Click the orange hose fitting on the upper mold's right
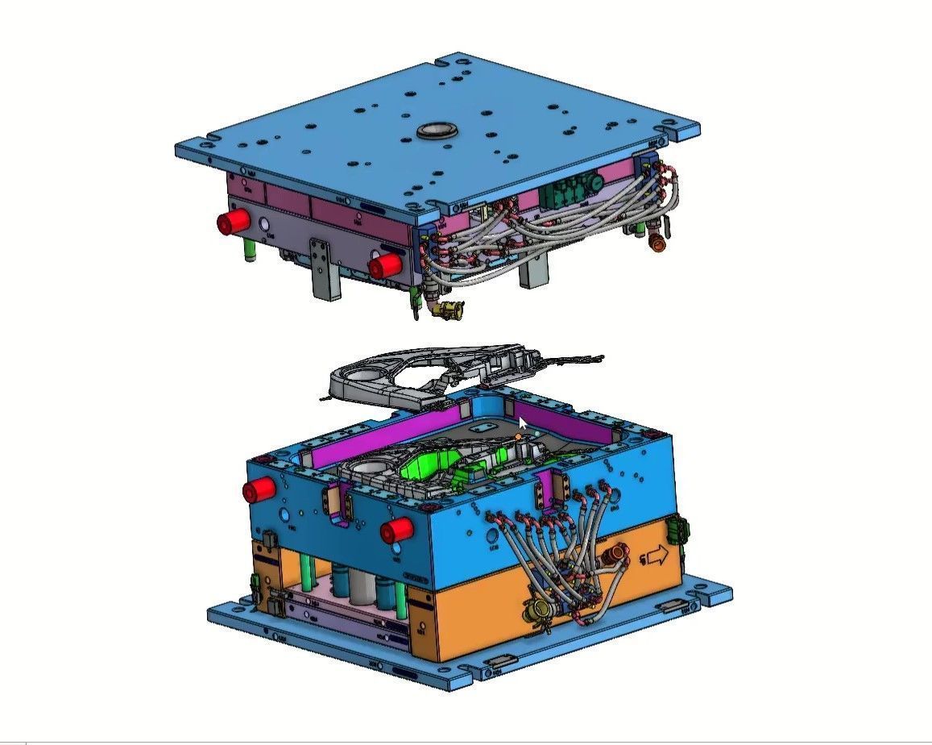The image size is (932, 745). (x=657, y=241)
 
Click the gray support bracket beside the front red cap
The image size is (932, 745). (x=323, y=268)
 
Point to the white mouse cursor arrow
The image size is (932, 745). (x=523, y=424)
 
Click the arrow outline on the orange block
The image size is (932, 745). (x=657, y=556)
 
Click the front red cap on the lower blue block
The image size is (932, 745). (x=397, y=530)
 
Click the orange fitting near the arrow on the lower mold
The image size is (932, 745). (x=618, y=553)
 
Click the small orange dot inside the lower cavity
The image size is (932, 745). (x=519, y=437)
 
